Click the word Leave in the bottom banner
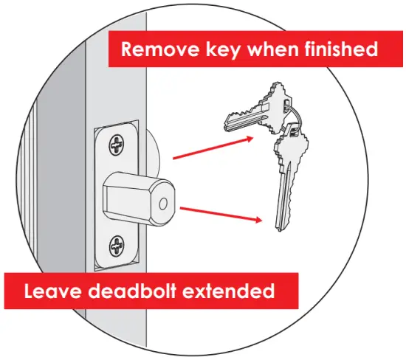(52, 290)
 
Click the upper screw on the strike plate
(117, 145)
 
